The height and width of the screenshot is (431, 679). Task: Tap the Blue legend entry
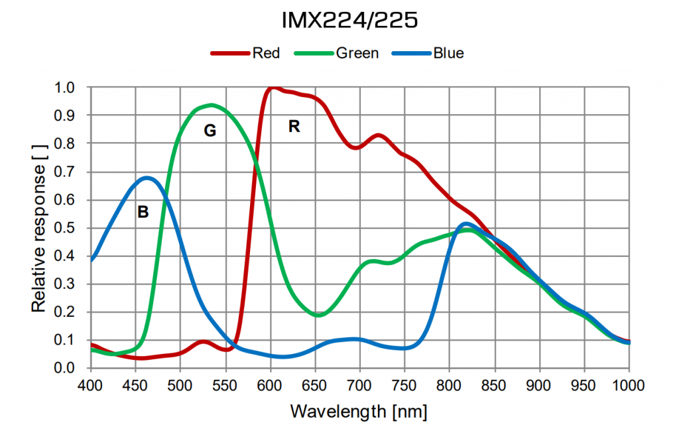[448, 53]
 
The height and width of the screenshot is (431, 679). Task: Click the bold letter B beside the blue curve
[143, 213]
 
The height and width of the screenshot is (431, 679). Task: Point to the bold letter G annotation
[210, 131]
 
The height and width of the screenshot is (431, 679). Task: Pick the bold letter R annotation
[294, 126]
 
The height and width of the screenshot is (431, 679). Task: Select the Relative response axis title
[39, 228]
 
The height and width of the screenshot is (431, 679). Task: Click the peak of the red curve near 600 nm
[271, 88]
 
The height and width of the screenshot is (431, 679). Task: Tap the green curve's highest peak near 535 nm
[212, 105]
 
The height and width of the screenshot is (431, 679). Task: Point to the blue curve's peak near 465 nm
[147, 177]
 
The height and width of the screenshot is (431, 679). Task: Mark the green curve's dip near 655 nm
[319, 315]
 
